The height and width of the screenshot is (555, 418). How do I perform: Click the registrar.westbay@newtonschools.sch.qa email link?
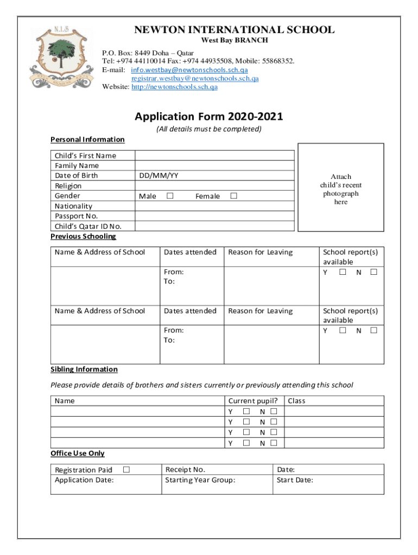[195, 78]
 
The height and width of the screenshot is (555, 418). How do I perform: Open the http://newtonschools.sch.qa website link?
[174, 87]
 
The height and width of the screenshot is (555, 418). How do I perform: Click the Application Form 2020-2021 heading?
[209, 117]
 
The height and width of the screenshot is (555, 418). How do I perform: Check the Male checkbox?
[170, 196]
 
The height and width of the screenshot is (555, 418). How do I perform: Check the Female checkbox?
[233, 196]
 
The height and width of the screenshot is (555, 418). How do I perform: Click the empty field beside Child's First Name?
[214, 156]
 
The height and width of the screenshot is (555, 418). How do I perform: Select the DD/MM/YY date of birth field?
[214, 176]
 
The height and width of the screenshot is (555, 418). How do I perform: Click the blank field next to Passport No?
[214, 216]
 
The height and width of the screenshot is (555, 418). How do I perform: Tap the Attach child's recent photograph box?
[341, 188]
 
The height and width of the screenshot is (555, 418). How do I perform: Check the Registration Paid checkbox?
[126, 470]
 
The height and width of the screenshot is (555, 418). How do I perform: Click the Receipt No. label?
[185, 470]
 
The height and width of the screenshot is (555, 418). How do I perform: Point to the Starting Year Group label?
[200, 480]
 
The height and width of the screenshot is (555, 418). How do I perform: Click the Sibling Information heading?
[84, 369]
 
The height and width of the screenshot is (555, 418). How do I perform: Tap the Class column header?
[296, 401]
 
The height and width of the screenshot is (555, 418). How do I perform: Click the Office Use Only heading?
[78, 453]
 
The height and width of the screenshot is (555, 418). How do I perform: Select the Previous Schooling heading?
[83, 236]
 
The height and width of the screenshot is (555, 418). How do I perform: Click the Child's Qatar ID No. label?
[88, 226]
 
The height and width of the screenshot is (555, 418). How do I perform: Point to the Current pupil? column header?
[254, 401]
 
